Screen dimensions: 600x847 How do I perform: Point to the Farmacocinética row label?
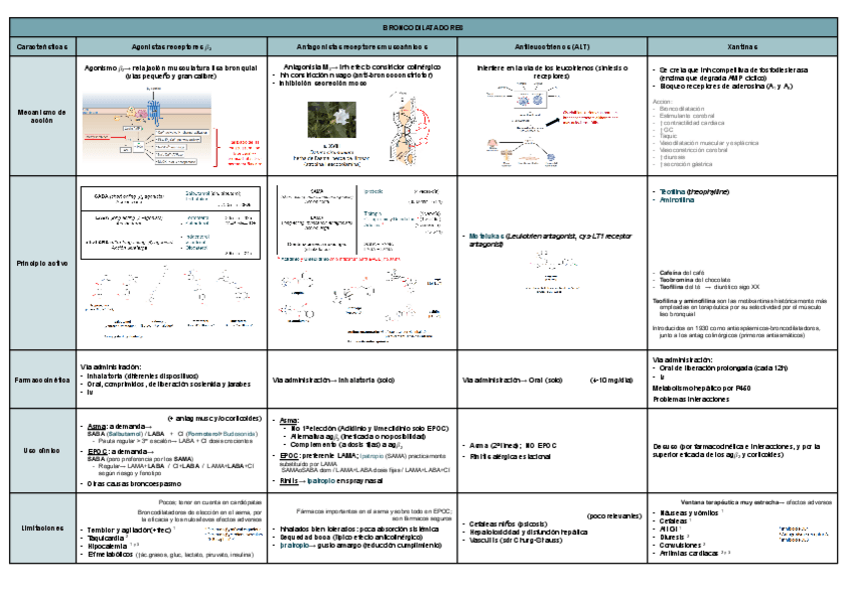coord(41,380)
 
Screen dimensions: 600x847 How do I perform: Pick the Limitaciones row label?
coord(41,527)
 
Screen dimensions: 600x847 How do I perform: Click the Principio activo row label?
coord(41,263)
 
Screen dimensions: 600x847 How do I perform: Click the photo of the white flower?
coord(331,119)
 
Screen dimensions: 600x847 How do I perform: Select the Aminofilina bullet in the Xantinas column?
coord(675,200)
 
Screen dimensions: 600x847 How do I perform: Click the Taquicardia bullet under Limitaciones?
coord(109,538)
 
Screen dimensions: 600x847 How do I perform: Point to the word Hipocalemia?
coord(110,547)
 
